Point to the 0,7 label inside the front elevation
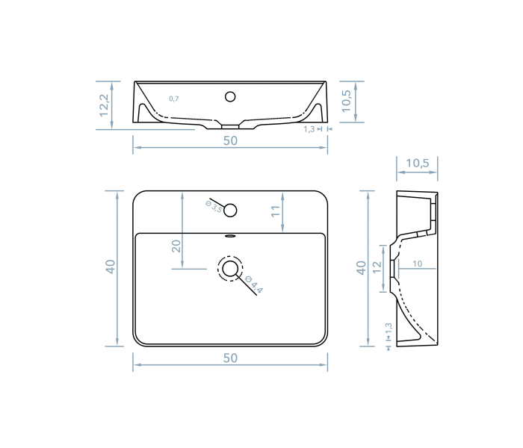coord(174,99)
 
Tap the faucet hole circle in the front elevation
coord(230,96)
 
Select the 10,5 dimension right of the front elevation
coord(346,101)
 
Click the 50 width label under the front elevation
coord(230,140)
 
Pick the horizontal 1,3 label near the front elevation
coord(309,129)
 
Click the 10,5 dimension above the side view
coord(417,164)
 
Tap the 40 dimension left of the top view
coord(111,267)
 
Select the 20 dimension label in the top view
coord(176,246)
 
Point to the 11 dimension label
coord(275,212)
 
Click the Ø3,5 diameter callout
coord(214,206)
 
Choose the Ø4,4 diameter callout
coord(254,285)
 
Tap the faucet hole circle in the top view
coord(230,210)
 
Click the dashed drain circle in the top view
coord(230,269)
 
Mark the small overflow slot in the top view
coord(230,237)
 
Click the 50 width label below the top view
coord(230,358)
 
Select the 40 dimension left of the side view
coord(362,267)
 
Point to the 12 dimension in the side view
coord(378,267)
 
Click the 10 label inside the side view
coord(417,264)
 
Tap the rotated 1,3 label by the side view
coord(389,329)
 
